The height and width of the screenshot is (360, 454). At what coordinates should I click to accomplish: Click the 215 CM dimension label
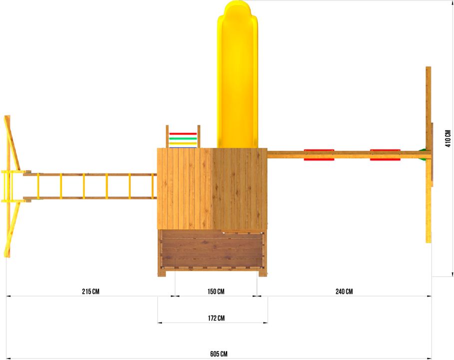pyautogui.click(x=90, y=291)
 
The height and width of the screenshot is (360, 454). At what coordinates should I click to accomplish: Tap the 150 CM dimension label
pyautogui.click(x=216, y=291)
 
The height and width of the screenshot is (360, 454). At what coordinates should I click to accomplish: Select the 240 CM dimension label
pyautogui.click(x=344, y=291)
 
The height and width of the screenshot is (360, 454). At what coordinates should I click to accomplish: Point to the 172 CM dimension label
pyautogui.click(x=216, y=318)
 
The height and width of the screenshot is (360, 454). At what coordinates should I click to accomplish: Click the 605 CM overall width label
pyautogui.click(x=219, y=353)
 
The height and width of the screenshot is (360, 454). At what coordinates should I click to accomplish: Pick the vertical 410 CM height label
pyautogui.click(x=448, y=138)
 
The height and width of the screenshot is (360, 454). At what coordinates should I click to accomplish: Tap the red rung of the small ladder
pyautogui.click(x=183, y=133)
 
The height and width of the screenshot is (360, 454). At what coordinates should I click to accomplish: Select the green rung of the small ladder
pyautogui.click(x=183, y=138)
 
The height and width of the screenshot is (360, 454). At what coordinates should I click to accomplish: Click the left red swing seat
pyautogui.click(x=319, y=155)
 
